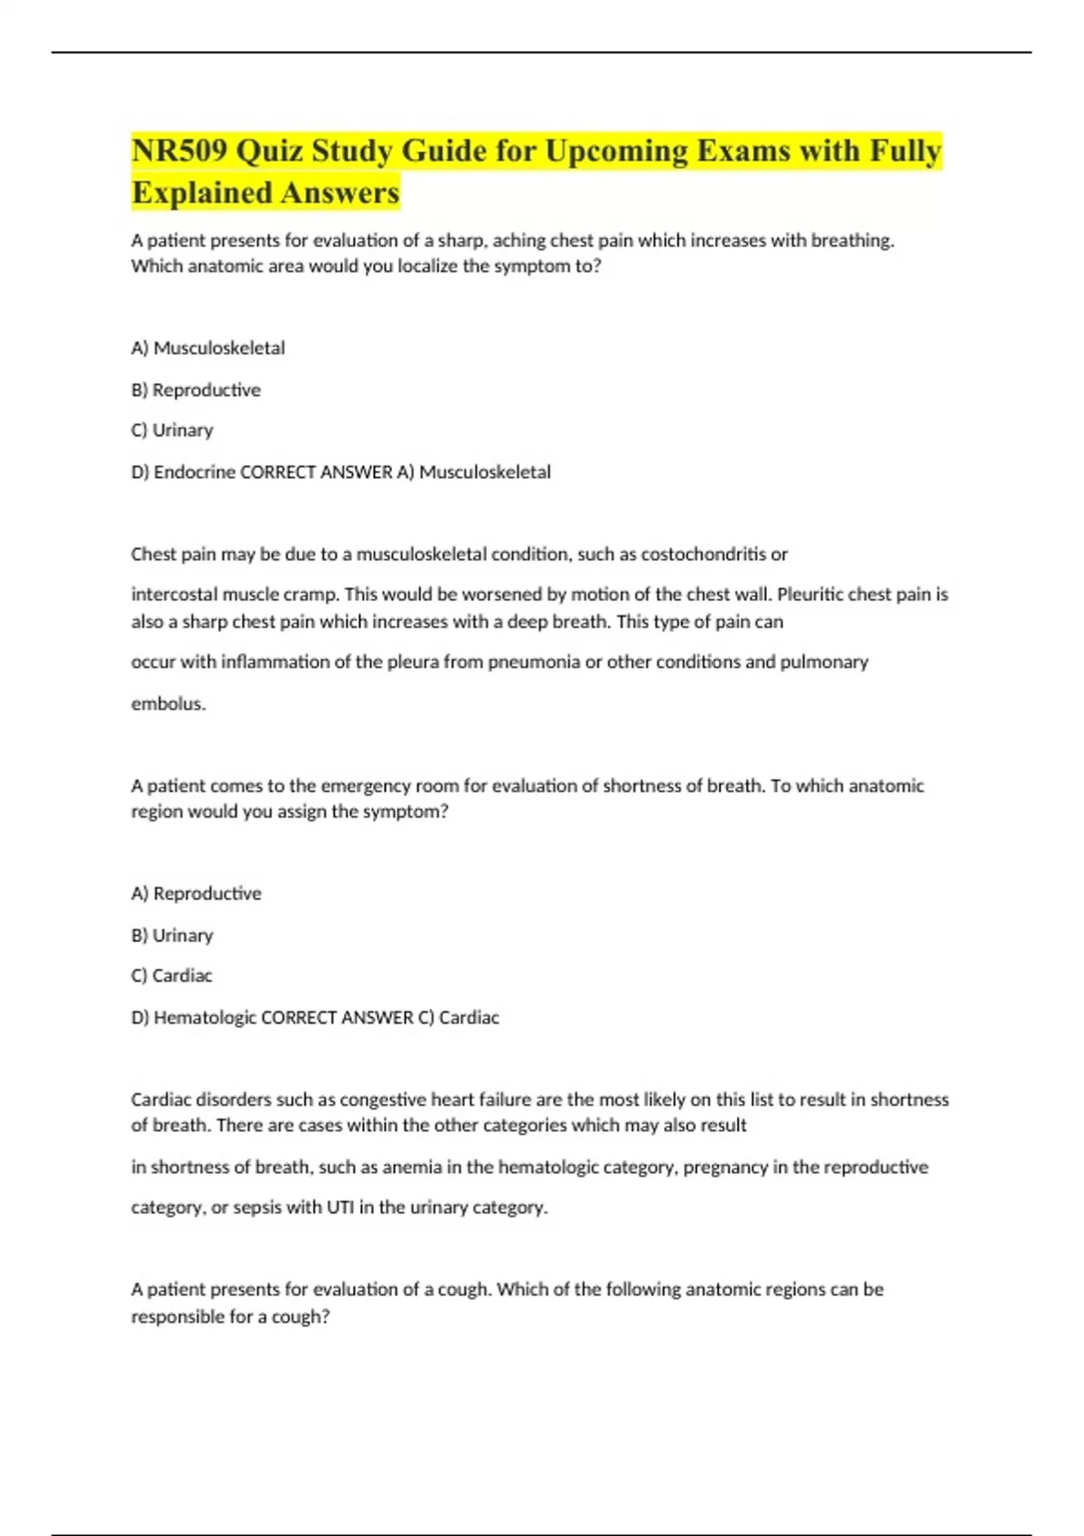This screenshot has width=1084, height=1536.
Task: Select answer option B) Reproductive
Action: [196, 390]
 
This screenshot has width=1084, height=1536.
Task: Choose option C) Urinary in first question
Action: [172, 430]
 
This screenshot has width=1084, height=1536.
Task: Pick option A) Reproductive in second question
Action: [196, 894]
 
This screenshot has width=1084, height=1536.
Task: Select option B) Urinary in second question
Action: [172, 935]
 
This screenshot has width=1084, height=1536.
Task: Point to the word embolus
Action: [168, 704]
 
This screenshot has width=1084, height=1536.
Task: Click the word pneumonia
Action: [534, 662]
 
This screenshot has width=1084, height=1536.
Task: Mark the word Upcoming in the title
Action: [616, 151]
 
